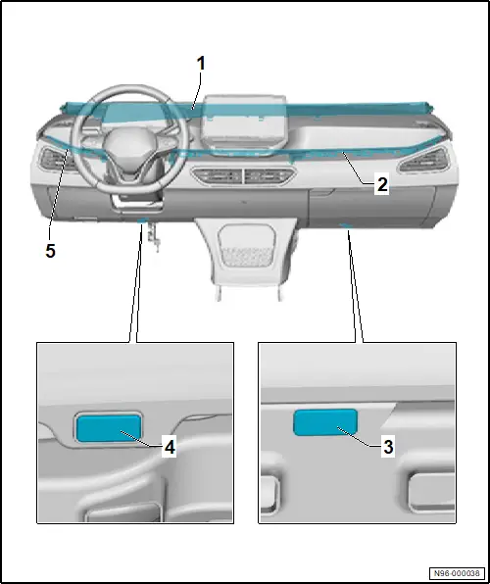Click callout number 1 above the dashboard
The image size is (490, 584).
(x=201, y=64)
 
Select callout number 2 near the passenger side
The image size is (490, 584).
(x=382, y=185)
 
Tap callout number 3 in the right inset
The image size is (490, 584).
(x=388, y=447)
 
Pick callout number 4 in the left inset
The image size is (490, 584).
(x=170, y=447)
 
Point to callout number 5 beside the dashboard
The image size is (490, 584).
(x=50, y=251)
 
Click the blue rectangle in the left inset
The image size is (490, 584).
(x=109, y=428)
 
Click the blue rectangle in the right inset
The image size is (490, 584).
(x=325, y=422)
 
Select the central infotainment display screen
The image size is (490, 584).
(x=244, y=123)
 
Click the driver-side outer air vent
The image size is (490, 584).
(x=56, y=161)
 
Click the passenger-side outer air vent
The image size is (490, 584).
(x=424, y=160)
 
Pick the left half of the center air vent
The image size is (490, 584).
(x=218, y=175)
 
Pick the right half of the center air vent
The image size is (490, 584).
(x=269, y=175)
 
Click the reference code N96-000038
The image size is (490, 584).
(x=457, y=573)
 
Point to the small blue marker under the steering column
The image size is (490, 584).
(x=143, y=220)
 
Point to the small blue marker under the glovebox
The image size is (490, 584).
(x=345, y=225)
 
